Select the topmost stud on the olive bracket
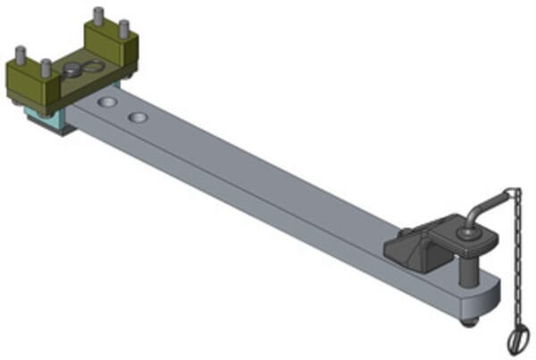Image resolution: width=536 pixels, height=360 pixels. [97, 16]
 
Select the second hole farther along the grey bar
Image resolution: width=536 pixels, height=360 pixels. [137, 117]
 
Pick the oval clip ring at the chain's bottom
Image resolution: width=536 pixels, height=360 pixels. [517, 339]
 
